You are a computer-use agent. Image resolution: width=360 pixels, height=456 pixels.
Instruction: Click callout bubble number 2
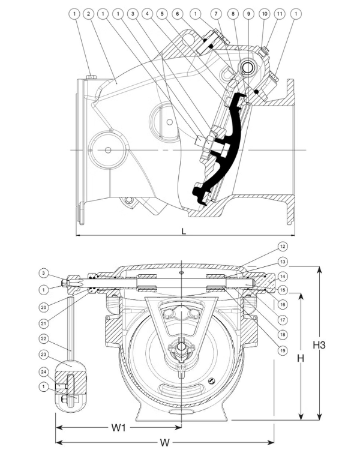pyautogui.click(x=88, y=13)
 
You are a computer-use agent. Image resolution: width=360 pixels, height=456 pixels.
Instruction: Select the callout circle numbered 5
pyautogui.click(x=162, y=13)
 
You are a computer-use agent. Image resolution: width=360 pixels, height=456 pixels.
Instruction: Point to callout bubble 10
pyautogui.click(x=264, y=13)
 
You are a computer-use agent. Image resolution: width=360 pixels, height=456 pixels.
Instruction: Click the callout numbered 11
pyautogui.click(x=279, y=13)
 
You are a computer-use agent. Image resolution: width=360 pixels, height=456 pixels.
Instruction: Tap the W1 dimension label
pyautogui.click(x=118, y=428)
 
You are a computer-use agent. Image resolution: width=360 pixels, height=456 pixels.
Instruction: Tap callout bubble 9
pyautogui.click(x=248, y=13)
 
